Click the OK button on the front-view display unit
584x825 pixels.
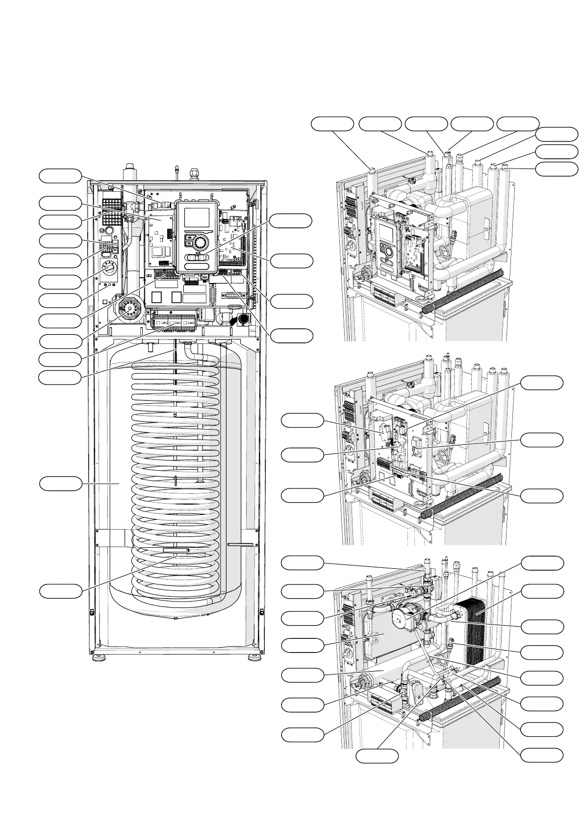coord(189,237)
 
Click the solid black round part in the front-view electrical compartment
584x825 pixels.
coord(243,319)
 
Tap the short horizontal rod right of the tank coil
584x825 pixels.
coord(240,544)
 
